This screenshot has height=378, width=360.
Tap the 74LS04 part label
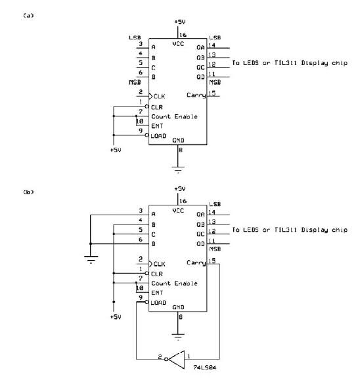click(x=204, y=367)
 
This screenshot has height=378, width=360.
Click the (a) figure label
click(x=28, y=16)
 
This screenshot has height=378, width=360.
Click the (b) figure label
click(x=28, y=192)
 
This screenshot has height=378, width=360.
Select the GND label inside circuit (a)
click(x=178, y=140)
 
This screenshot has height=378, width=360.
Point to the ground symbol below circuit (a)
click(x=178, y=170)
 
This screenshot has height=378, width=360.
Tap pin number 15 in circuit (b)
click(x=212, y=261)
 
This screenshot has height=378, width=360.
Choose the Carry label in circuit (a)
click(x=196, y=95)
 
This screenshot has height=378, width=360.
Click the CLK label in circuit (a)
click(x=159, y=96)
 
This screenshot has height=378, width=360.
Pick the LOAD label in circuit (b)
click(x=158, y=303)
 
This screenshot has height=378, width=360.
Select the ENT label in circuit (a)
click(x=157, y=126)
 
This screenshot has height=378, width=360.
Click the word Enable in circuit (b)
click(x=186, y=283)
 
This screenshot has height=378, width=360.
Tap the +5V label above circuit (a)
click(x=180, y=22)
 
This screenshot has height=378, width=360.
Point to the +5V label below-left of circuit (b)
click(x=116, y=317)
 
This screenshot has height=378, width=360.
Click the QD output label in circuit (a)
click(x=200, y=77)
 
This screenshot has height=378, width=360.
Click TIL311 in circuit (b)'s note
click(x=286, y=230)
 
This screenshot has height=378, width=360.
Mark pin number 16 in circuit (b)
click(x=183, y=201)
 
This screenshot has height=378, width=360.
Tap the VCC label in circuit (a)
click(x=178, y=43)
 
